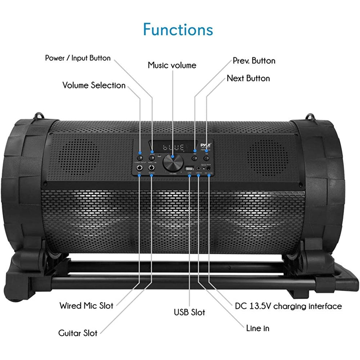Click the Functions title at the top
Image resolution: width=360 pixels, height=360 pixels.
(x=178, y=29)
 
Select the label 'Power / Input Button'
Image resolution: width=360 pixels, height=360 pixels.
(x=78, y=58)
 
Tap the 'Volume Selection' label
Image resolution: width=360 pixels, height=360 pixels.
(x=94, y=85)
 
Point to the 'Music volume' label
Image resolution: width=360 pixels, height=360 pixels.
(x=172, y=65)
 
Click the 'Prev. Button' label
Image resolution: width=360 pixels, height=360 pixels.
(x=254, y=60)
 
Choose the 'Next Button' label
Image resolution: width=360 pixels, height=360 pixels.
(x=248, y=78)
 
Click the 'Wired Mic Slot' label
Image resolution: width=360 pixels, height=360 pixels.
(x=86, y=306)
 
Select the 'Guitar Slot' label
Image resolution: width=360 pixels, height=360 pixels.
(x=78, y=333)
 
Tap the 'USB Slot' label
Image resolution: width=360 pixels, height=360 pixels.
(x=189, y=312)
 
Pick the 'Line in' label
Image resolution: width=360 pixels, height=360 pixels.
(x=258, y=328)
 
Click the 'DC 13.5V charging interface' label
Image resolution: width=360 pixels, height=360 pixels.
(x=288, y=306)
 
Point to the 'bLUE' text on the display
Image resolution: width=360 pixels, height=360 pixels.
(x=174, y=147)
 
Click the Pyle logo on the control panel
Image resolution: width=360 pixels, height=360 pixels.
(x=208, y=143)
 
